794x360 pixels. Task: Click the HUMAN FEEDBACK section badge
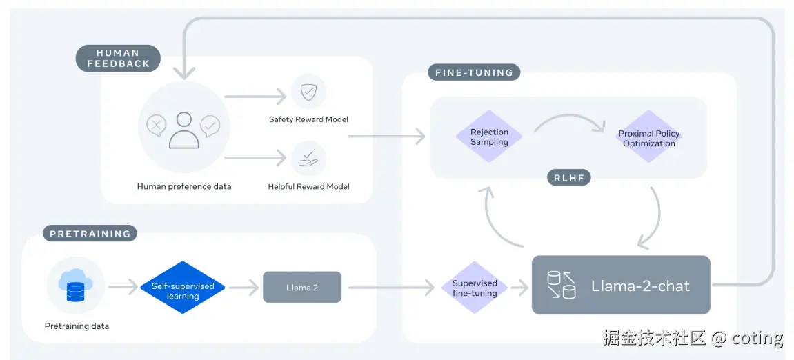point(118,58)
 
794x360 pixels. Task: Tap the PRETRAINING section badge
point(90,233)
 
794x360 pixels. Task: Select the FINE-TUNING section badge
point(474,72)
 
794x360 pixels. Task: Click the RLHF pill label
point(569,177)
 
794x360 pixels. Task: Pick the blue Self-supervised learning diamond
point(183,287)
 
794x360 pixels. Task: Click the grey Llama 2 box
point(302,287)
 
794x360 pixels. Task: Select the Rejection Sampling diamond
point(489,137)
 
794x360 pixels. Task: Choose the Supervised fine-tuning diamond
point(475,288)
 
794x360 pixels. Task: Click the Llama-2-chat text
point(640,286)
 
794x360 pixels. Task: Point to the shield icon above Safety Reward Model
point(308,92)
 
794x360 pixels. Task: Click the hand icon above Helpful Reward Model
point(308,159)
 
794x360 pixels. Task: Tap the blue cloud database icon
point(75,285)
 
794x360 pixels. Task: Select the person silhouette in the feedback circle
point(184,130)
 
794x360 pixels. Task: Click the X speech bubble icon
point(157,125)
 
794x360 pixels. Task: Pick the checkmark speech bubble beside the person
point(210,125)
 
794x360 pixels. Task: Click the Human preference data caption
point(184,186)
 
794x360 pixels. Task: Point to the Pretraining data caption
point(77,326)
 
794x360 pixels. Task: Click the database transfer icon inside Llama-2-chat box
point(562,285)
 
